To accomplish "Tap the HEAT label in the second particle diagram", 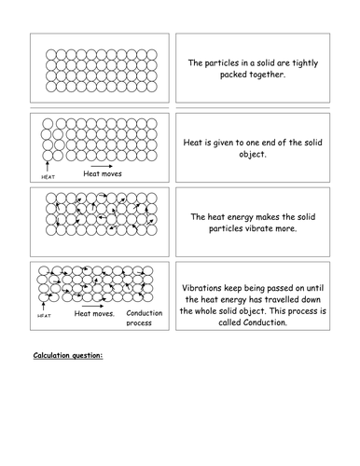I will pyautogui.click(x=49, y=175).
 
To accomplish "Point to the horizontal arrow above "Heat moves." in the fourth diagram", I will pyautogui.click(x=92, y=303).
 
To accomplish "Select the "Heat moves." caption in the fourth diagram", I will pyautogui.click(x=94, y=314).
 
